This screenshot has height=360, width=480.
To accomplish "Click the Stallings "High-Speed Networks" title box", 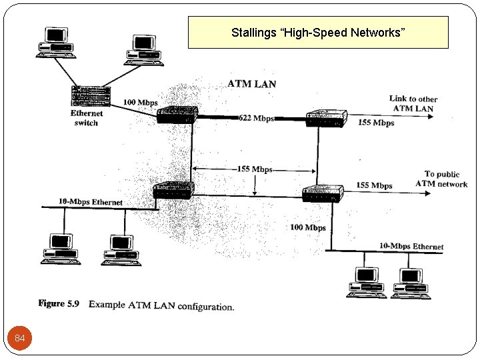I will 318,33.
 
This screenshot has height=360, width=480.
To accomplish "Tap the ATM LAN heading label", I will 251,84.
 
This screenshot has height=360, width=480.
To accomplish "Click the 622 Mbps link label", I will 256,119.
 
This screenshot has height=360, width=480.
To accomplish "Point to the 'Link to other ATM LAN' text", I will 413,103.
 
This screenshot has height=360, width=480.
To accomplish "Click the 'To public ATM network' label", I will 441,179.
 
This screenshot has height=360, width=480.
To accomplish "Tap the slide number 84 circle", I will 20,339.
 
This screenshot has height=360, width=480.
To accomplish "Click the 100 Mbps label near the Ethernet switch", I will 140,103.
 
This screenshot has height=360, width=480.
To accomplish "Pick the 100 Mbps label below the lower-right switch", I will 307,227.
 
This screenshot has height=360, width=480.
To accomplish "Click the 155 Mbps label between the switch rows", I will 255,169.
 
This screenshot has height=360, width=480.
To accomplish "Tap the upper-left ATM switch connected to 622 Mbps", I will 177,115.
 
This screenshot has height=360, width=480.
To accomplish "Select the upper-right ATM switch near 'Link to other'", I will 326,119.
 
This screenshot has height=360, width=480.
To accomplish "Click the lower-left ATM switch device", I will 173,191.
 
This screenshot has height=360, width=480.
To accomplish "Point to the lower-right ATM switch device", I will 323,193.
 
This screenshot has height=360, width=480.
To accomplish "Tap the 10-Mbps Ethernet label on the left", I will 90,201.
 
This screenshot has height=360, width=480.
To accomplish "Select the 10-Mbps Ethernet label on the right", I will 411,246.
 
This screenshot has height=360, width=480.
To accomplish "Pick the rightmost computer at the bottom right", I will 410,282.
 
